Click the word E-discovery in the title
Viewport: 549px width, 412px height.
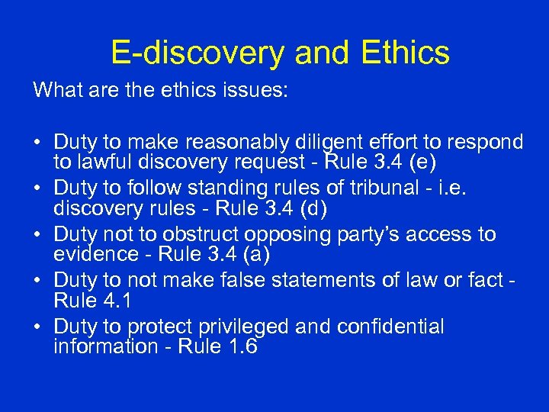click(x=197, y=53)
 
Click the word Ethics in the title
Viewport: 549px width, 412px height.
click(x=400, y=53)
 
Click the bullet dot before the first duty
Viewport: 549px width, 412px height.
click(x=37, y=143)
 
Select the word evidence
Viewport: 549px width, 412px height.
click(x=88, y=253)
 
